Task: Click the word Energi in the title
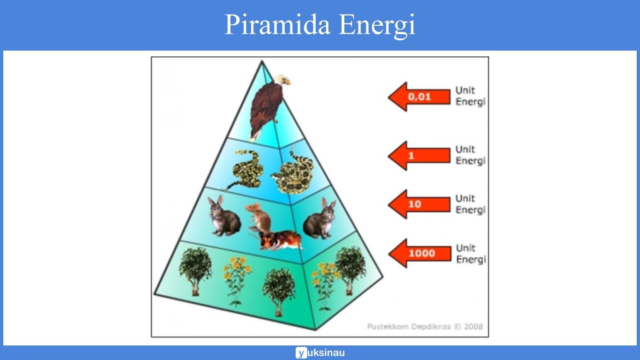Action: pos(377,26)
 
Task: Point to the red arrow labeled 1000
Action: pos(419,254)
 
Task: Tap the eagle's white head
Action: pos(282,80)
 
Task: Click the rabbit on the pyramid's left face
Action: pos(223,217)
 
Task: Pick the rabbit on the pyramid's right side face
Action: pos(321,219)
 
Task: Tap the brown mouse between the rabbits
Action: pos(259,217)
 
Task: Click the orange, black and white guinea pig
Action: pos(280,240)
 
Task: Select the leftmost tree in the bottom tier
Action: pos(195,270)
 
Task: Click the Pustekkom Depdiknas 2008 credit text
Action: pos(424,327)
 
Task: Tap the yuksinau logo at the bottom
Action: pos(320,353)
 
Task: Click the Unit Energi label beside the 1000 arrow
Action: pos(470,254)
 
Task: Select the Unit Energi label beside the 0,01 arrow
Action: pos(470,96)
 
